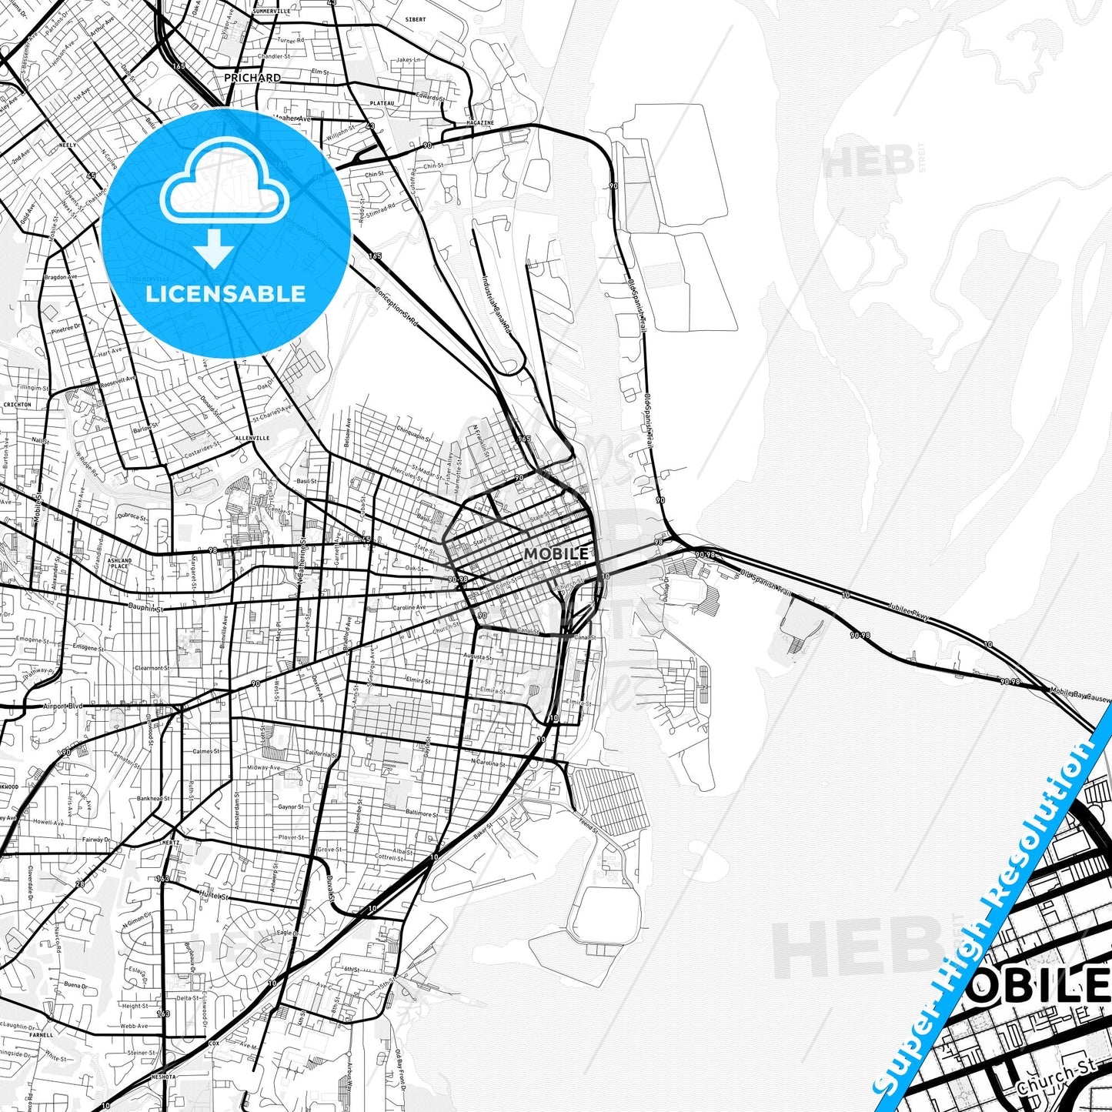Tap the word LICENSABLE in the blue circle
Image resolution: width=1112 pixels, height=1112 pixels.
[x=225, y=294]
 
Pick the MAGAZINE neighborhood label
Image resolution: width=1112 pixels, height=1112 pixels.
[x=480, y=122]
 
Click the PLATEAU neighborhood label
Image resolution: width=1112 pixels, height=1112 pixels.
[x=382, y=103]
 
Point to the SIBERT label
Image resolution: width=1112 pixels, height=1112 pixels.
[x=415, y=19]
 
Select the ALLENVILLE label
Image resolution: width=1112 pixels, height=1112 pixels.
[x=252, y=438]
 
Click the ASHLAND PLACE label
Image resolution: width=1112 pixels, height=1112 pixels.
[x=120, y=563]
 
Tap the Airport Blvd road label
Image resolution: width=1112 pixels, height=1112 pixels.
[x=63, y=705]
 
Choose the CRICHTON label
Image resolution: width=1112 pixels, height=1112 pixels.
[x=17, y=404]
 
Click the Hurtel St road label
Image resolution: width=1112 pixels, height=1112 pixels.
[x=215, y=896]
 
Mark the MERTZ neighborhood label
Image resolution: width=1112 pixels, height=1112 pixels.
[x=171, y=842]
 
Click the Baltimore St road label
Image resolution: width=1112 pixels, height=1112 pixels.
[x=422, y=813]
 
